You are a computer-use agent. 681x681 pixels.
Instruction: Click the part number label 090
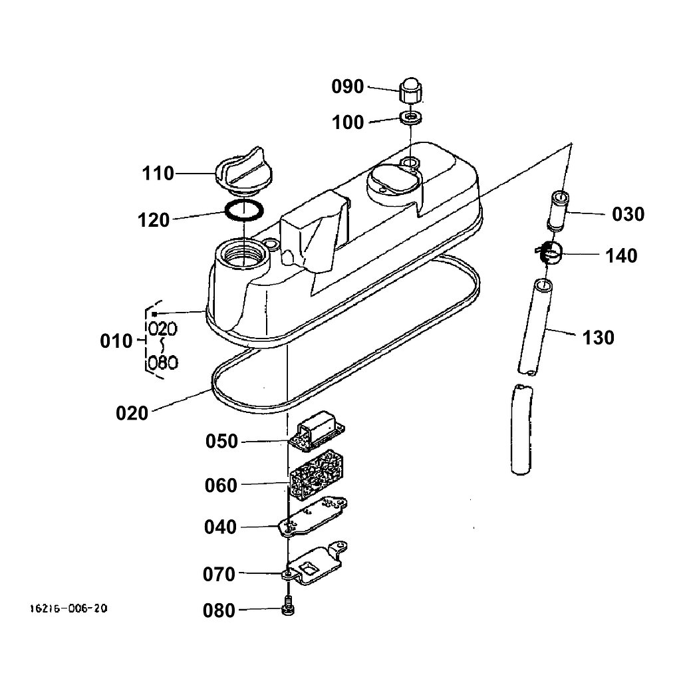click(348, 87)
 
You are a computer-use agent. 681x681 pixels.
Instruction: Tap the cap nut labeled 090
click(412, 90)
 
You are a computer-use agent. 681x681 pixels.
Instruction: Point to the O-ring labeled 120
click(243, 211)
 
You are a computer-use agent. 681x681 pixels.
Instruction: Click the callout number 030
click(628, 214)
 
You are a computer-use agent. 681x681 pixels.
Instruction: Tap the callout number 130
click(599, 338)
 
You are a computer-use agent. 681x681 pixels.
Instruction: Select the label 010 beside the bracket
click(116, 341)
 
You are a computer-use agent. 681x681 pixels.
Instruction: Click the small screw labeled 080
click(288, 609)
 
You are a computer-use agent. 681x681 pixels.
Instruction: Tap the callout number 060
click(221, 485)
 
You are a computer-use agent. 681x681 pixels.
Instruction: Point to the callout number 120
click(154, 219)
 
